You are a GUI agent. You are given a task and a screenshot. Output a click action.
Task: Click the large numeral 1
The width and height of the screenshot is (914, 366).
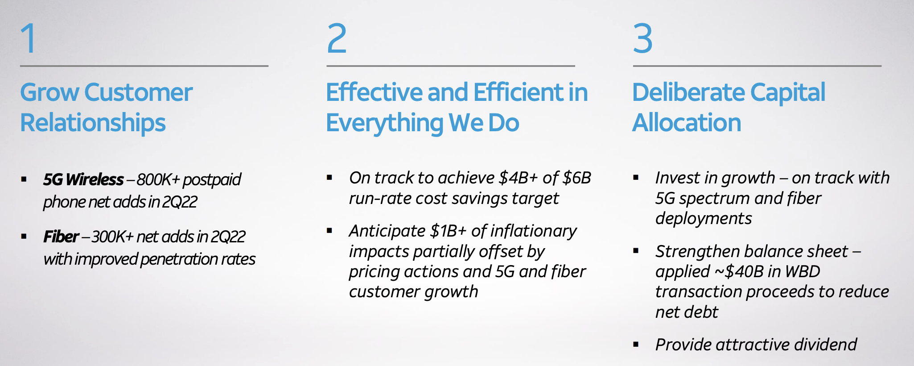[29, 38]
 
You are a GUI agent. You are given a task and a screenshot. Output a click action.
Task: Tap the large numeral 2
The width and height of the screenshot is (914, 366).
[337, 38]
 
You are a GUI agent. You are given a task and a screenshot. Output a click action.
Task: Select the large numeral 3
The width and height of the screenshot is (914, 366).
[643, 38]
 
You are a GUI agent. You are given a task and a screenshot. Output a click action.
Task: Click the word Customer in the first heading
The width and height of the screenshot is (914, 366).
[138, 92]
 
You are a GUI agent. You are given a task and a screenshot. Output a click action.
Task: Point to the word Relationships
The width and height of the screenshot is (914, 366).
[93, 123]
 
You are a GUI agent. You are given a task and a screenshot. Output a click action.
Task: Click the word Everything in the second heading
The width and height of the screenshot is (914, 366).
[384, 123]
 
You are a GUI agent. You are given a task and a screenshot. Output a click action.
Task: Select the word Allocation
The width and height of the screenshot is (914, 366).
[687, 123]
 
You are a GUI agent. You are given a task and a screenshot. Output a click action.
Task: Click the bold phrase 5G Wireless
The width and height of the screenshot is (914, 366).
[83, 179]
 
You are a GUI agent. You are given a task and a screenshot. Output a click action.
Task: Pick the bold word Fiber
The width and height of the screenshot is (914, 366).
[61, 237]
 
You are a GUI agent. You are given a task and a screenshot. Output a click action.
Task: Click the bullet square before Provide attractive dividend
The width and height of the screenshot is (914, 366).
[636, 345]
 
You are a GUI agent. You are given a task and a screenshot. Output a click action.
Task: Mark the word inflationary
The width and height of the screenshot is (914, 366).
[533, 231]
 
